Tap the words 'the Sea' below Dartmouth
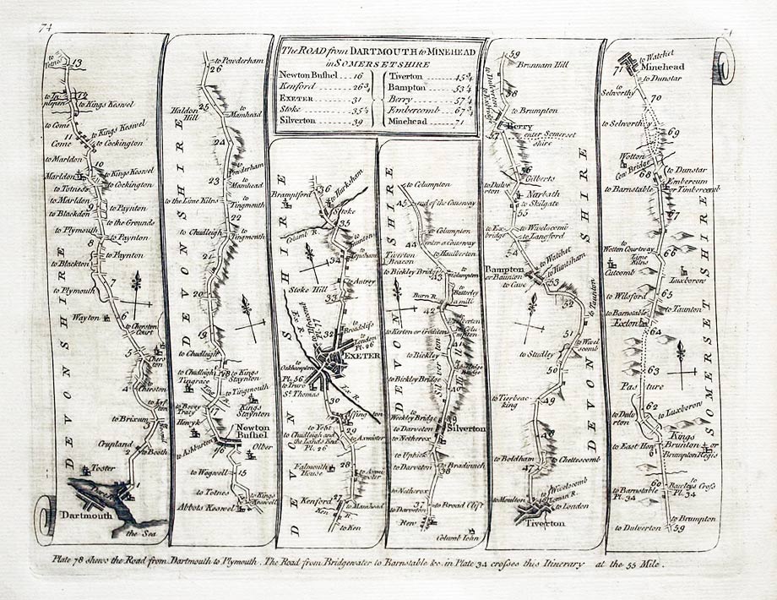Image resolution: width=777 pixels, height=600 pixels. click(139, 532)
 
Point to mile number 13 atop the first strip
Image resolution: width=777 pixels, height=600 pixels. click(77, 63)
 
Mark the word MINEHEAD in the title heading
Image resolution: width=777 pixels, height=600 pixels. click(443, 48)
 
